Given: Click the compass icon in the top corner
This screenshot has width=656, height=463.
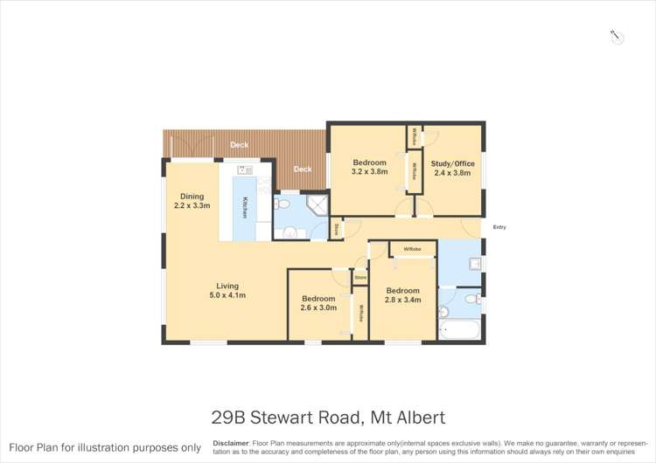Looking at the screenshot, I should point(617,37).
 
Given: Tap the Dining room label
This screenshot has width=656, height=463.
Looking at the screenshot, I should point(192,201).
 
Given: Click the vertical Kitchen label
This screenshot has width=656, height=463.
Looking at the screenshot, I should point(245,208).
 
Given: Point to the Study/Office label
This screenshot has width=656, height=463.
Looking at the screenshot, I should point(453,168).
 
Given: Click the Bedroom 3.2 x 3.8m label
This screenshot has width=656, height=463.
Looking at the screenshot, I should point(369,168).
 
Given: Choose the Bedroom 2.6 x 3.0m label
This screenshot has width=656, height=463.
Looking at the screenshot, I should point(318,302).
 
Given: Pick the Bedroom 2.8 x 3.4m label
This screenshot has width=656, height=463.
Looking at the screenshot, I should point(403,295).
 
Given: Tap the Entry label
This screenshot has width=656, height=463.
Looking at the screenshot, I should point(499,227).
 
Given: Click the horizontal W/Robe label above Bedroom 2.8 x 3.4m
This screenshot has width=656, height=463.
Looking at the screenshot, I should point(412,250).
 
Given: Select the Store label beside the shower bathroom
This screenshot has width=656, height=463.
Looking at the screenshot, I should point(338,229).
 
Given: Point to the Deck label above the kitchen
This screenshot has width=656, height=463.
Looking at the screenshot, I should point(238,145).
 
